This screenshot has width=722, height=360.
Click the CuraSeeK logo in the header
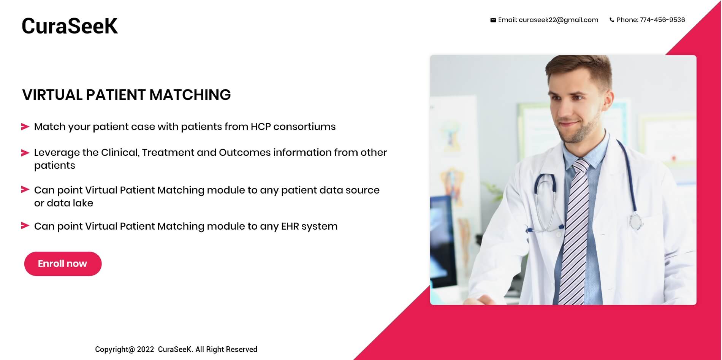[70, 26]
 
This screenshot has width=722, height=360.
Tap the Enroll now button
[63, 264]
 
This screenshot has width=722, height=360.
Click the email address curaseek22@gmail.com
[558, 20]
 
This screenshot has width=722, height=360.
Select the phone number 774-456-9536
[662, 20]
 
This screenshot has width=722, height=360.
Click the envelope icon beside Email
[493, 20]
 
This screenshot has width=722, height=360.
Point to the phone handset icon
[612, 20]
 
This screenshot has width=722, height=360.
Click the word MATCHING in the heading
[190, 95]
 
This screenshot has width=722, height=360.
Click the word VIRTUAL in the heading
[52, 95]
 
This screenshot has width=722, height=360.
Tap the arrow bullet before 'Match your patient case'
[25, 127]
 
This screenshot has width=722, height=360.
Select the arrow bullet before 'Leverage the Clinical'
[25, 153]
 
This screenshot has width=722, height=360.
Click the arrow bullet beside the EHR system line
[25, 226]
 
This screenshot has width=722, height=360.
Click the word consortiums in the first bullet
[304, 127]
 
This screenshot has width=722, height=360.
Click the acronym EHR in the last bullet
[290, 226]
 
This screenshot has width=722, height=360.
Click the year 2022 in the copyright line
[146, 349]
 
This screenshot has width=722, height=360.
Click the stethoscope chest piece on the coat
[635, 221]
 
